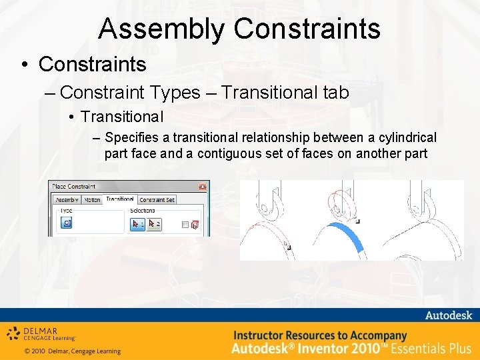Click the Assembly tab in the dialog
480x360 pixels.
pos(66,199)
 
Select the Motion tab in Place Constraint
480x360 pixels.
pos(92,199)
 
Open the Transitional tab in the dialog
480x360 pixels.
pos(120,199)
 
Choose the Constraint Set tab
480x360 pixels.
pos(157,199)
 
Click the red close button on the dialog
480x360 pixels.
pos(202,187)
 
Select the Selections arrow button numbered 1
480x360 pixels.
pos(137,224)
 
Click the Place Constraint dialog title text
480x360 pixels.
pos(74,187)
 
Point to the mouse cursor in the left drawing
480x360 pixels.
pos(287,245)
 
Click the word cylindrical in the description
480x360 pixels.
pos(406,138)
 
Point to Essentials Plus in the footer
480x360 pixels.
pos(431,348)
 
